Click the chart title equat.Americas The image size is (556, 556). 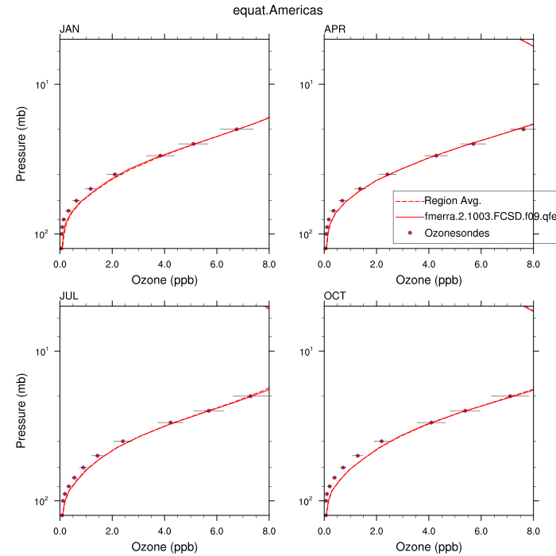click(x=278, y=10)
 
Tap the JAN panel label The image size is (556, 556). click(x=70, y=30)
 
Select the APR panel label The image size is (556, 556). click(x=334, y=30)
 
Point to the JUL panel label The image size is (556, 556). click(x=69, y=297)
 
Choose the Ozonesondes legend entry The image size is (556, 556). click(x=457, y=233)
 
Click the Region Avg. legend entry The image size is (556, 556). click(x=453, y=200)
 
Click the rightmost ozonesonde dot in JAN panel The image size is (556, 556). click(x=237, y=129)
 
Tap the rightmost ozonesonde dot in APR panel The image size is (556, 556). click(x=523, y=129)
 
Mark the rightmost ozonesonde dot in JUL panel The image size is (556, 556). click(x=250, y=396)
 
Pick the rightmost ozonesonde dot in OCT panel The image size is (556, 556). click(x=510, y=396)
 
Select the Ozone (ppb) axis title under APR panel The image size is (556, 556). click(x=428, y=280)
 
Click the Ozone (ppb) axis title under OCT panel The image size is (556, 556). click(x=428, y=546)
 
